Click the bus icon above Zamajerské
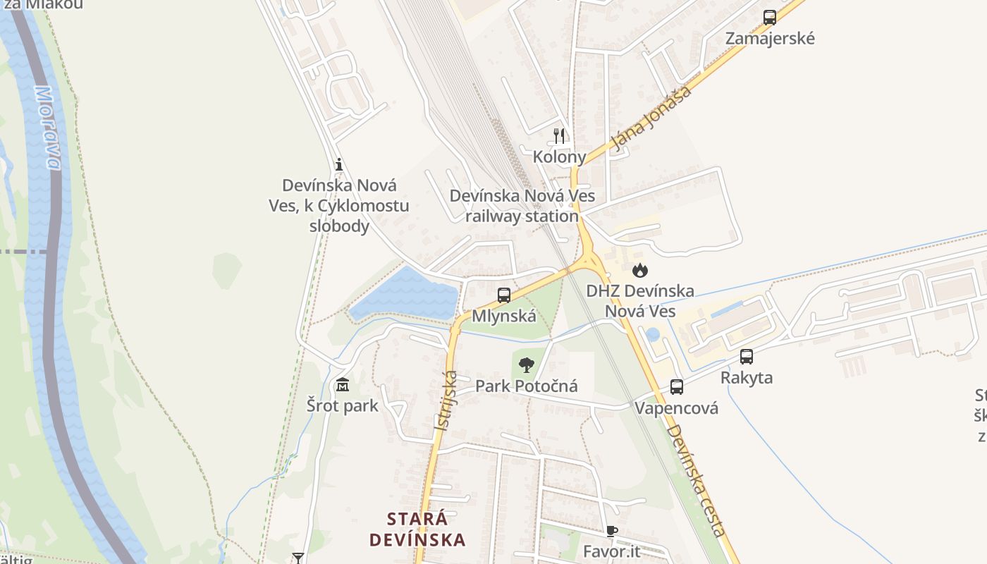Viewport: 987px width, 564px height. (x=769, y=18)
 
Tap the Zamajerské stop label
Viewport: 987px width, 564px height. (x=770, y=38)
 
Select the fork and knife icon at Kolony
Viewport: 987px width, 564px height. (x=559, y=135)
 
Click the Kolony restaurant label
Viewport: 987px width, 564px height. (x=559, y=157)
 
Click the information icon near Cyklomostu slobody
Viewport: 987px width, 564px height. (x=339, y=165)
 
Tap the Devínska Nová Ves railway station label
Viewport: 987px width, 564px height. (x=522, y=206)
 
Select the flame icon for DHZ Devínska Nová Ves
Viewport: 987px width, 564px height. (x=639, y=270)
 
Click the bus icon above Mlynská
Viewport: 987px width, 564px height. (x=503, y=295)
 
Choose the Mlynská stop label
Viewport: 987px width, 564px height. (x=503, y=316)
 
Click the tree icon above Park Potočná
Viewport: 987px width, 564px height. (x=526, y=365)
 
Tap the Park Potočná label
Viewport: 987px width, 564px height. (x=526, y=386)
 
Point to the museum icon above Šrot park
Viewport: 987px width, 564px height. (x=343, y=385)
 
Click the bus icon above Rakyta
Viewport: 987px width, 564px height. (x=747, y=357)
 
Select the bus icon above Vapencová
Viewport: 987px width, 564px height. (x=676, y=387)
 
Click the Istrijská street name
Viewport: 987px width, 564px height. (x=446, y=401)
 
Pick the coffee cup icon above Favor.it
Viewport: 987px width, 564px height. (x=611, y=531)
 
